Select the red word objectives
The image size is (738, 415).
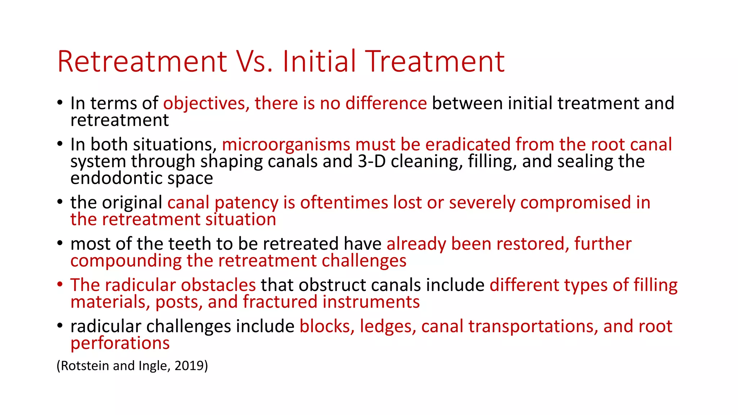click(204, 104)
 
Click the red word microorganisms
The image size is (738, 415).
click(286, 144)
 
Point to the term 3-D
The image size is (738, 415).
click(372, 161)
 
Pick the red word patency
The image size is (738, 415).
click(246, 203)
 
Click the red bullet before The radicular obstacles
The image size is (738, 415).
click(60, 285)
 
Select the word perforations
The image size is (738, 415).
click(120, 343)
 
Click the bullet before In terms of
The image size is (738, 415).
click(60, 103)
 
